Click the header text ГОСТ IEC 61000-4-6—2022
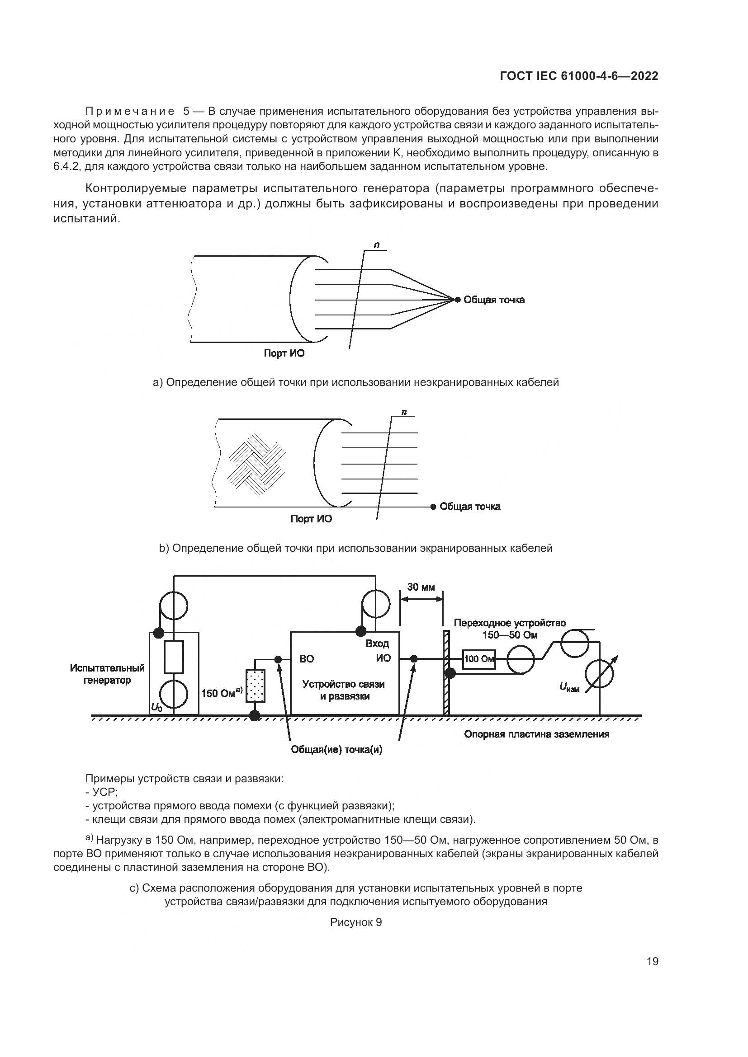579,76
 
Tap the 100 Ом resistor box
479,659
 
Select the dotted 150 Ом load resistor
256,686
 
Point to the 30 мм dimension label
421,587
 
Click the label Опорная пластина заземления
536,734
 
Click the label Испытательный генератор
107,674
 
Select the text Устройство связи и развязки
343,690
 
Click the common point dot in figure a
457,300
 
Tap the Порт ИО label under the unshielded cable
284,353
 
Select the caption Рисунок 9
355,922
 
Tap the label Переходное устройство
509,623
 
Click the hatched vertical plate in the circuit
446,672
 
